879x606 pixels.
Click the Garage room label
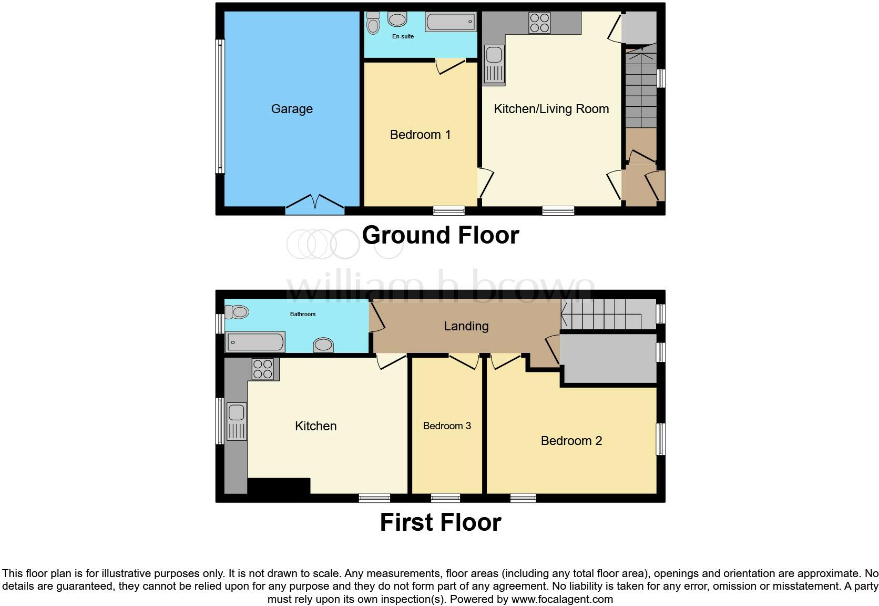(x=292, y=109)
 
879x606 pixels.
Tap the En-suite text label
(x=403, y=36)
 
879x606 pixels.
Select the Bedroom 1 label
(x=420, y=135)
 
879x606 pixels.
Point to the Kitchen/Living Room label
(x=551, y=109)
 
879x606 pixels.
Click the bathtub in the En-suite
(x=451, y=22)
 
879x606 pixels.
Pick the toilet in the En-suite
(x=373, y=23)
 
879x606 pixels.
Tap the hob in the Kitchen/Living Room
(x=539, y=23)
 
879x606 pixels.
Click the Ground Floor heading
(x=440, y=235)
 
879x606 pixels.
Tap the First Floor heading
(x=440, y=522)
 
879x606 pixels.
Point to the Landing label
(x=466, y=326)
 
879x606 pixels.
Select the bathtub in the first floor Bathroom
(x=255, y=342)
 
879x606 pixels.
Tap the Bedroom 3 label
(x=447, y=426)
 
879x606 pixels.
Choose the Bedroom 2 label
(x=571, y=441)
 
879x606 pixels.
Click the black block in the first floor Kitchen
(x=279, y=486)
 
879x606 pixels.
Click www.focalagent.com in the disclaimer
(x=561, y=599)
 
